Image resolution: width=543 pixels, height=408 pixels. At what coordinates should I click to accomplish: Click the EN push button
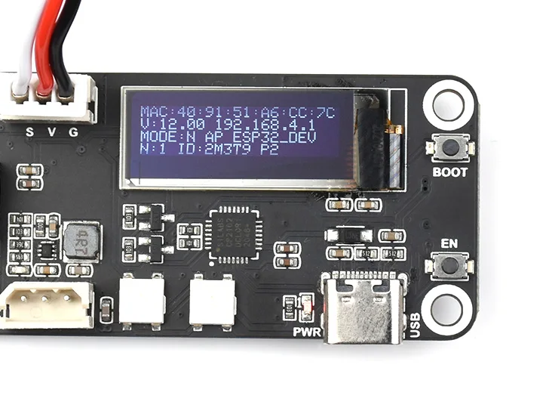coord(450,266)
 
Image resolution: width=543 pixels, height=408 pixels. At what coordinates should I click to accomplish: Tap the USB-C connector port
coord(362,308)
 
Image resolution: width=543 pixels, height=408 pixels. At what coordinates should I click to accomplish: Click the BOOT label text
coord(450,172)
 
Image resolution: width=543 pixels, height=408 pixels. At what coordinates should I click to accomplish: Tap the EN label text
coord(449,243)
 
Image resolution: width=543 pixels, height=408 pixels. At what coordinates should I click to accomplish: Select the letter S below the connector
coord(30,132)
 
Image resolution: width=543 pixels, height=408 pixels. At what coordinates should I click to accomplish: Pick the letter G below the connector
coord(73,132)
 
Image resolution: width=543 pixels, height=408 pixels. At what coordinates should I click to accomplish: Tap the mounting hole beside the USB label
coord(446,308)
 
